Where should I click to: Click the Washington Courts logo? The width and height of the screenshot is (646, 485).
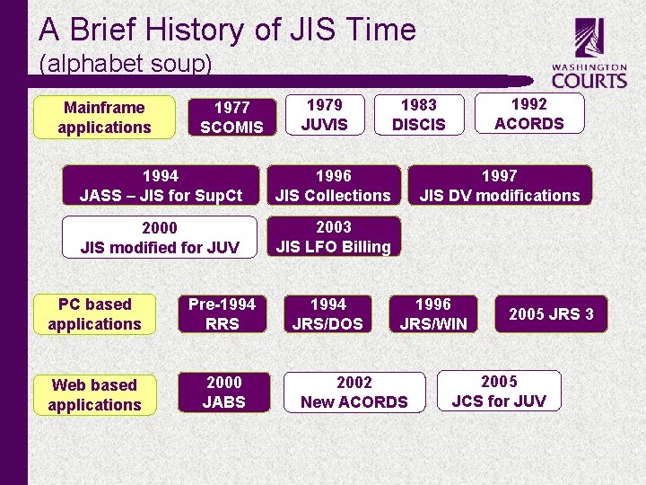(x=589, y=56)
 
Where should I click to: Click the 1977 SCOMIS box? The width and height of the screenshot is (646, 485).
(x=231, y=117)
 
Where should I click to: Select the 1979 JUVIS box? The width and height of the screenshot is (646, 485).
(x=325, y=114)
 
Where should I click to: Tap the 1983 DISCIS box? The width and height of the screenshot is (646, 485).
(x=419, y=115)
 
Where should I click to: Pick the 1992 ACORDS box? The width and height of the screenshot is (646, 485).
(x=529, y=114)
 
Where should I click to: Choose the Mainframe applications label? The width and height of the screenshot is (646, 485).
(x=104, y=118)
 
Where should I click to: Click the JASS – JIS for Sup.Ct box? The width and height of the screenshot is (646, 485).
(x=161, y=185)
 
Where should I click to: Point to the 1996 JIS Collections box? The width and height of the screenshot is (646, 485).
(x=333, y=185)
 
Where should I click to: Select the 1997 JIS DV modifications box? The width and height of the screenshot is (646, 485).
(x=500, y=185)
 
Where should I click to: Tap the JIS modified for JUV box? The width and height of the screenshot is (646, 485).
(x=160, y=237)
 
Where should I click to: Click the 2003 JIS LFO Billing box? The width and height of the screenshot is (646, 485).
(x=334, y=236)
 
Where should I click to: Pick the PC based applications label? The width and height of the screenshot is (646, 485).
(x=94, y=314)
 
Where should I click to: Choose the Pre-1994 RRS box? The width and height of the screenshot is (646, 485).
(x=222, y=314)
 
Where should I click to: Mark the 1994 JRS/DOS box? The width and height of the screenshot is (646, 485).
(x=327, y=314)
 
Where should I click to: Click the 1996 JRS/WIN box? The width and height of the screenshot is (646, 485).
(x=433, y=314)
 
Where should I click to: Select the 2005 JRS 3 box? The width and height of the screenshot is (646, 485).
(x=551, y=314)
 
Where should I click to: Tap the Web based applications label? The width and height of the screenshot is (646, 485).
(x=94, y=395)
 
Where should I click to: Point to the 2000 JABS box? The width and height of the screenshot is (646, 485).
(x=223, y=392)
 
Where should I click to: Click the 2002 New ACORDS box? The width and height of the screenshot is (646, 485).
(x=354, y=392)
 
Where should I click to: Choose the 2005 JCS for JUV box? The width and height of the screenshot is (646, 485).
(x=499, y=391)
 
